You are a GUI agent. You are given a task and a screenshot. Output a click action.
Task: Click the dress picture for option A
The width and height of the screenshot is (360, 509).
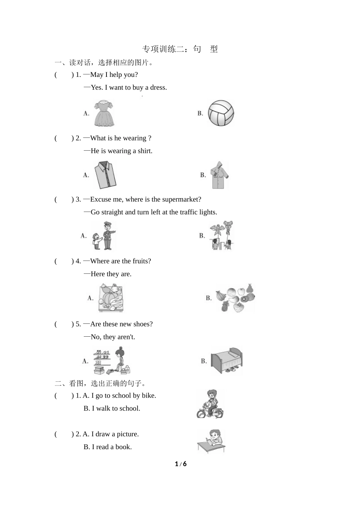point(104,113)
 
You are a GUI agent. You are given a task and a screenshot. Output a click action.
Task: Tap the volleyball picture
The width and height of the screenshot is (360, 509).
point(221,113)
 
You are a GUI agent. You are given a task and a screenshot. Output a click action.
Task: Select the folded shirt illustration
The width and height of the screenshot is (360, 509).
point(105,175)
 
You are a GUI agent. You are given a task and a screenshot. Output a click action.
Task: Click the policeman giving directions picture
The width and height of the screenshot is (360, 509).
point(104,236)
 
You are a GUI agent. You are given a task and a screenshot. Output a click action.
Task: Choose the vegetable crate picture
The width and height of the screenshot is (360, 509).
point(111,298)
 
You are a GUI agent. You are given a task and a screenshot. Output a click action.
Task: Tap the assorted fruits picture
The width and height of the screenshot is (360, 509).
point(235,298)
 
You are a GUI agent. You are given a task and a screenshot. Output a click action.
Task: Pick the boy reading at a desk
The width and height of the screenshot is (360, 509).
point(211,441)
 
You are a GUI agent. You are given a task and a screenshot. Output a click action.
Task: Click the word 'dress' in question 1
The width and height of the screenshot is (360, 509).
point(158,87)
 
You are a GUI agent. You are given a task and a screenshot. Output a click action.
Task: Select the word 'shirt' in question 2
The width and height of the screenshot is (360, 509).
point(145,151)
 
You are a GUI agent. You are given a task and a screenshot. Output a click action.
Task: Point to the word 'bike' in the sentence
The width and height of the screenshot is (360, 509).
point(149,396)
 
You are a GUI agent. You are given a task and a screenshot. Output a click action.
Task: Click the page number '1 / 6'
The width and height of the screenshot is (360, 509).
point(181,464)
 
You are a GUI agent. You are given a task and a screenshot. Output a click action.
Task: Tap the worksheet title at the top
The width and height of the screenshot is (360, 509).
point(180,49)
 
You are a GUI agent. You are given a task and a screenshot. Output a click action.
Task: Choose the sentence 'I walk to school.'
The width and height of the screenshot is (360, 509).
point(116,409)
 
